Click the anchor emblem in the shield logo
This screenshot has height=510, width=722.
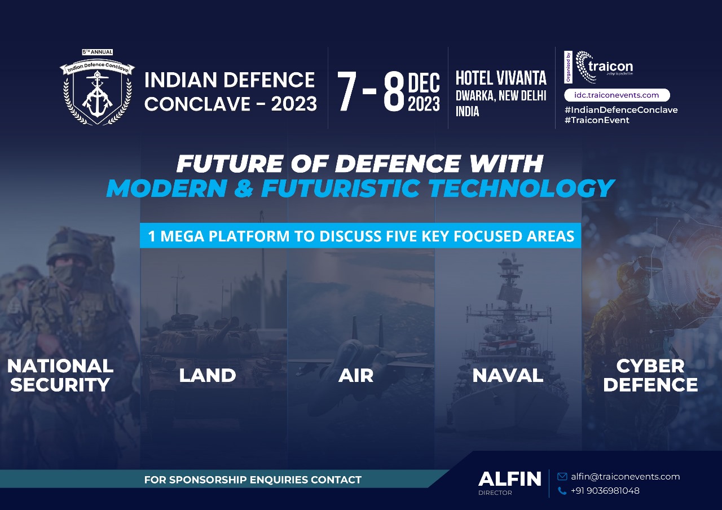click(x=97, y=94)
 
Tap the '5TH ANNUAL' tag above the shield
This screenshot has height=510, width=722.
click(x=98, y=52)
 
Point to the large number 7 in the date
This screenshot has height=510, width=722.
click(x=347, y=91)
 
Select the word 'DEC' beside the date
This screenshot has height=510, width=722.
click(x=424, y=83)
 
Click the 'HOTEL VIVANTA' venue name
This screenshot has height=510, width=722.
click(x=501, y=78)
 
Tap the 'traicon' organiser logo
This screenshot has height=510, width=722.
click(x=604, y=67)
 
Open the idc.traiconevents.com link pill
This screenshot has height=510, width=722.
click(x=617, y=95)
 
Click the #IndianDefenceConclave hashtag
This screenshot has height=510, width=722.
click(x=621, y=110)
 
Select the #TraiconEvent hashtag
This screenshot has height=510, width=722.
click(x=597, y=120)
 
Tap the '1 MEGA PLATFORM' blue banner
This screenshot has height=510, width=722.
click(x=360, y=236)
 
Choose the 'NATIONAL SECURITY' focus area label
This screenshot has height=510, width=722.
click(x=60, y=375)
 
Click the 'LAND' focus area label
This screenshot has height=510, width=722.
click(x=208, y=376)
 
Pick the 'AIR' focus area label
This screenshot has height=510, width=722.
click(x=356, y=376)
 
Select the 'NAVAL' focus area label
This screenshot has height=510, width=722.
click(x=508, y=376)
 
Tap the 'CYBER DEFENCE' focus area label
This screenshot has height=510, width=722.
click(x=650, y=375)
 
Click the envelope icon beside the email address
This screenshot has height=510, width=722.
click(x=562, y=477)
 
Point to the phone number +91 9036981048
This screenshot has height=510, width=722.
click(x=605, y=491)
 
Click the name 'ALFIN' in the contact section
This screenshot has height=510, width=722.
click(x=509, y=479)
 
